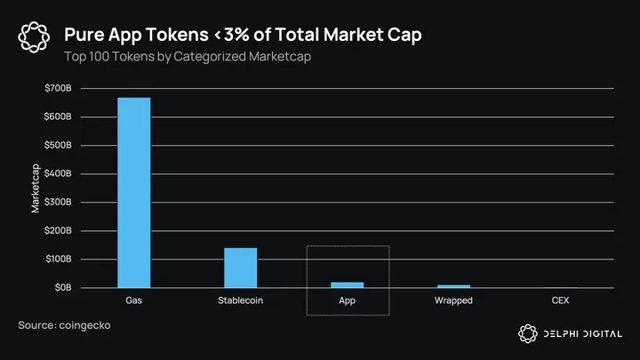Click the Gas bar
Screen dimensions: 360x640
[133, 192]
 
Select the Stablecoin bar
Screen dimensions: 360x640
[240, 268]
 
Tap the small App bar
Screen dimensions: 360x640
[347, 284]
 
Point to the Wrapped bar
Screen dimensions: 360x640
[453, 286]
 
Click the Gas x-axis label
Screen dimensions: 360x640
[133, 300]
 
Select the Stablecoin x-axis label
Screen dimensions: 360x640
[240, 300]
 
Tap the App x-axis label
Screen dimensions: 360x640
[347, 300]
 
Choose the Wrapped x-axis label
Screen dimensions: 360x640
[453, 300]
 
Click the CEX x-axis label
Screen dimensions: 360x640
[560, 300]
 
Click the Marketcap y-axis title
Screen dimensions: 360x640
[36, 188]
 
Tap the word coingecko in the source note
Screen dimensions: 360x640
[85, 326]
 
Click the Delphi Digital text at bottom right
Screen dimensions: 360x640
[583, 333]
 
